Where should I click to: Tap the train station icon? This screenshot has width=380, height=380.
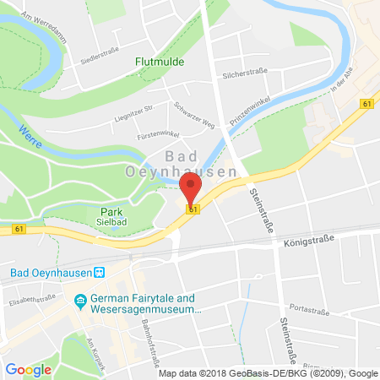point(98,272)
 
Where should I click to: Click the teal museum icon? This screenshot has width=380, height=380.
point(82,299)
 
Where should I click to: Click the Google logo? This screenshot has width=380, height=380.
point(28,369)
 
